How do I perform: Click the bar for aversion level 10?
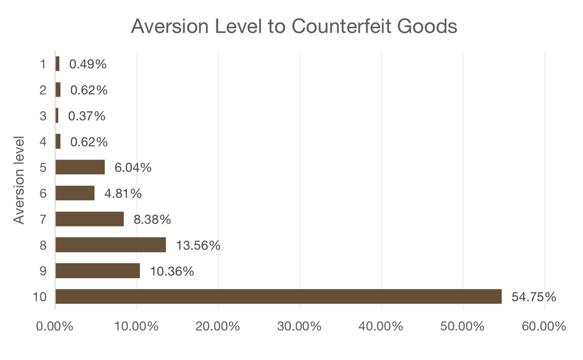(x=278, y=296)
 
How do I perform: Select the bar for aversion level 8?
(x=111, y=245)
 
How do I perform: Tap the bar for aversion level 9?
(x=97, y=271)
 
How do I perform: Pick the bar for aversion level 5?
(x=80, y=167)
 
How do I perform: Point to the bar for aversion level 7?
(x=90, y=219)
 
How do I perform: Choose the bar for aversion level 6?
(x=75, y=193)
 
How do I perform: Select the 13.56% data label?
(x=198, y=246)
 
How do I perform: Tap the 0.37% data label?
(x=87, y=116)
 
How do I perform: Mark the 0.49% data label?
(x=87, y=64)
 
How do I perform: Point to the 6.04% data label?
(x=133, y=167)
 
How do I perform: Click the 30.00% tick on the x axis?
(x=300, y=327)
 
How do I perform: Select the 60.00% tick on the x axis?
(x=544, y=327)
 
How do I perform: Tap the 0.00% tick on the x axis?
(x=55, y=327)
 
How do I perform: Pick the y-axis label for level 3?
(x=43, y=116)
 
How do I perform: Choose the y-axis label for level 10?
(x=40, y=297)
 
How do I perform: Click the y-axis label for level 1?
(x=43, y=64)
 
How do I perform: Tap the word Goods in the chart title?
(x=427, y=26)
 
